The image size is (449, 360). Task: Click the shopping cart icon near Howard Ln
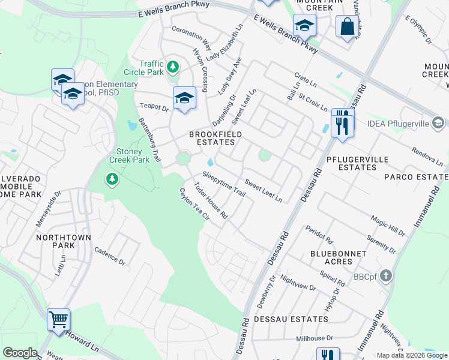pos(58,319)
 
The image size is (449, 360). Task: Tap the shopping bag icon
pos(347,26)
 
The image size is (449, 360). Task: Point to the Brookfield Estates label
pos(212,138)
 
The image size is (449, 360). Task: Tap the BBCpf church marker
pos(385,276)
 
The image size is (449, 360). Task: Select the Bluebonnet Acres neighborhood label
pos(339,257)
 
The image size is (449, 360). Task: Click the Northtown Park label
pos(64,241)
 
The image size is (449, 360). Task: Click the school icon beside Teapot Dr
pos(184,98)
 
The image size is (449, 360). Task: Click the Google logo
pos(20,353)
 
